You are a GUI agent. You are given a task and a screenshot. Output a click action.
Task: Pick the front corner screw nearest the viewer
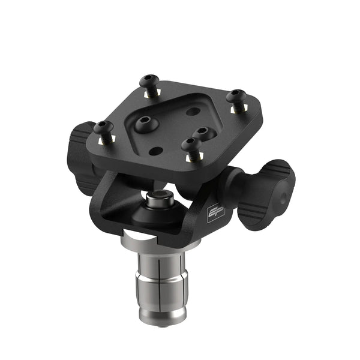click(x=190, y=145)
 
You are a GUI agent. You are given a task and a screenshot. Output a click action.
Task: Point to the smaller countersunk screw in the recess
click(x=202, y=131)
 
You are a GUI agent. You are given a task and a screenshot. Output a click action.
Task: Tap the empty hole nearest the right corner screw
click(x=193, y=111)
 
